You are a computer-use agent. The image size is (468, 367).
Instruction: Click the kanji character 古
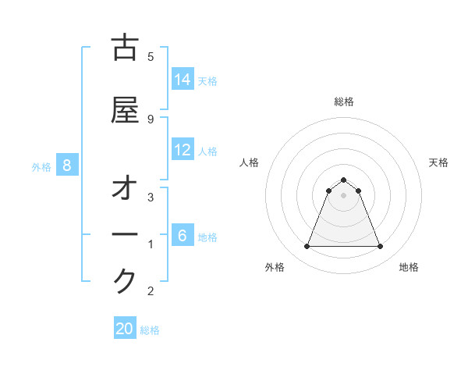click(125, 48)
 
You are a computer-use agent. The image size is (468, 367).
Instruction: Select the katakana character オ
click(125, 190)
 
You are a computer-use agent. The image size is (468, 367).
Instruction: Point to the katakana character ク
click(125, 280)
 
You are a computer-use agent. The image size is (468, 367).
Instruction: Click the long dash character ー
click(125, 235)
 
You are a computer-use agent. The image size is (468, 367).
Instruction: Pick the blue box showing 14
click(183, 80)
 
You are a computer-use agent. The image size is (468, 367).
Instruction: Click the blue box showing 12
click(183, 150)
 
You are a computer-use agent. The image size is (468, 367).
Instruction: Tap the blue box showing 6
click(182, 235)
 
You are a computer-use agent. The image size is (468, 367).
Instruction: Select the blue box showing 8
click(68, 165)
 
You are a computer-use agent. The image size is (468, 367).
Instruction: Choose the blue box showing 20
click(125, 329)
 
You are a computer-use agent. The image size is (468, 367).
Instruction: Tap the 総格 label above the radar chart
click(344, 102)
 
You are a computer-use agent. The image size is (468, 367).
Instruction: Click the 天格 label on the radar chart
click(438, 162)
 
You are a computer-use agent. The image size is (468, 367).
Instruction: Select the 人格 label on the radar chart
click(249, 162)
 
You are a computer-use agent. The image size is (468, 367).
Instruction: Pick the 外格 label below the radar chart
click(275, 267)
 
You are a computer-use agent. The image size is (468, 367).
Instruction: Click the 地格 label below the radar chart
click(409, 267)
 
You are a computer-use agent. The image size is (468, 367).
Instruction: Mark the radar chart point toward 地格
click(380, 247)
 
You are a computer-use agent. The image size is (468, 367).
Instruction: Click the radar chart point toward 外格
click(307, 247)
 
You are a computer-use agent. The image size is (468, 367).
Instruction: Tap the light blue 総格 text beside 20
click(150, 330)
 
